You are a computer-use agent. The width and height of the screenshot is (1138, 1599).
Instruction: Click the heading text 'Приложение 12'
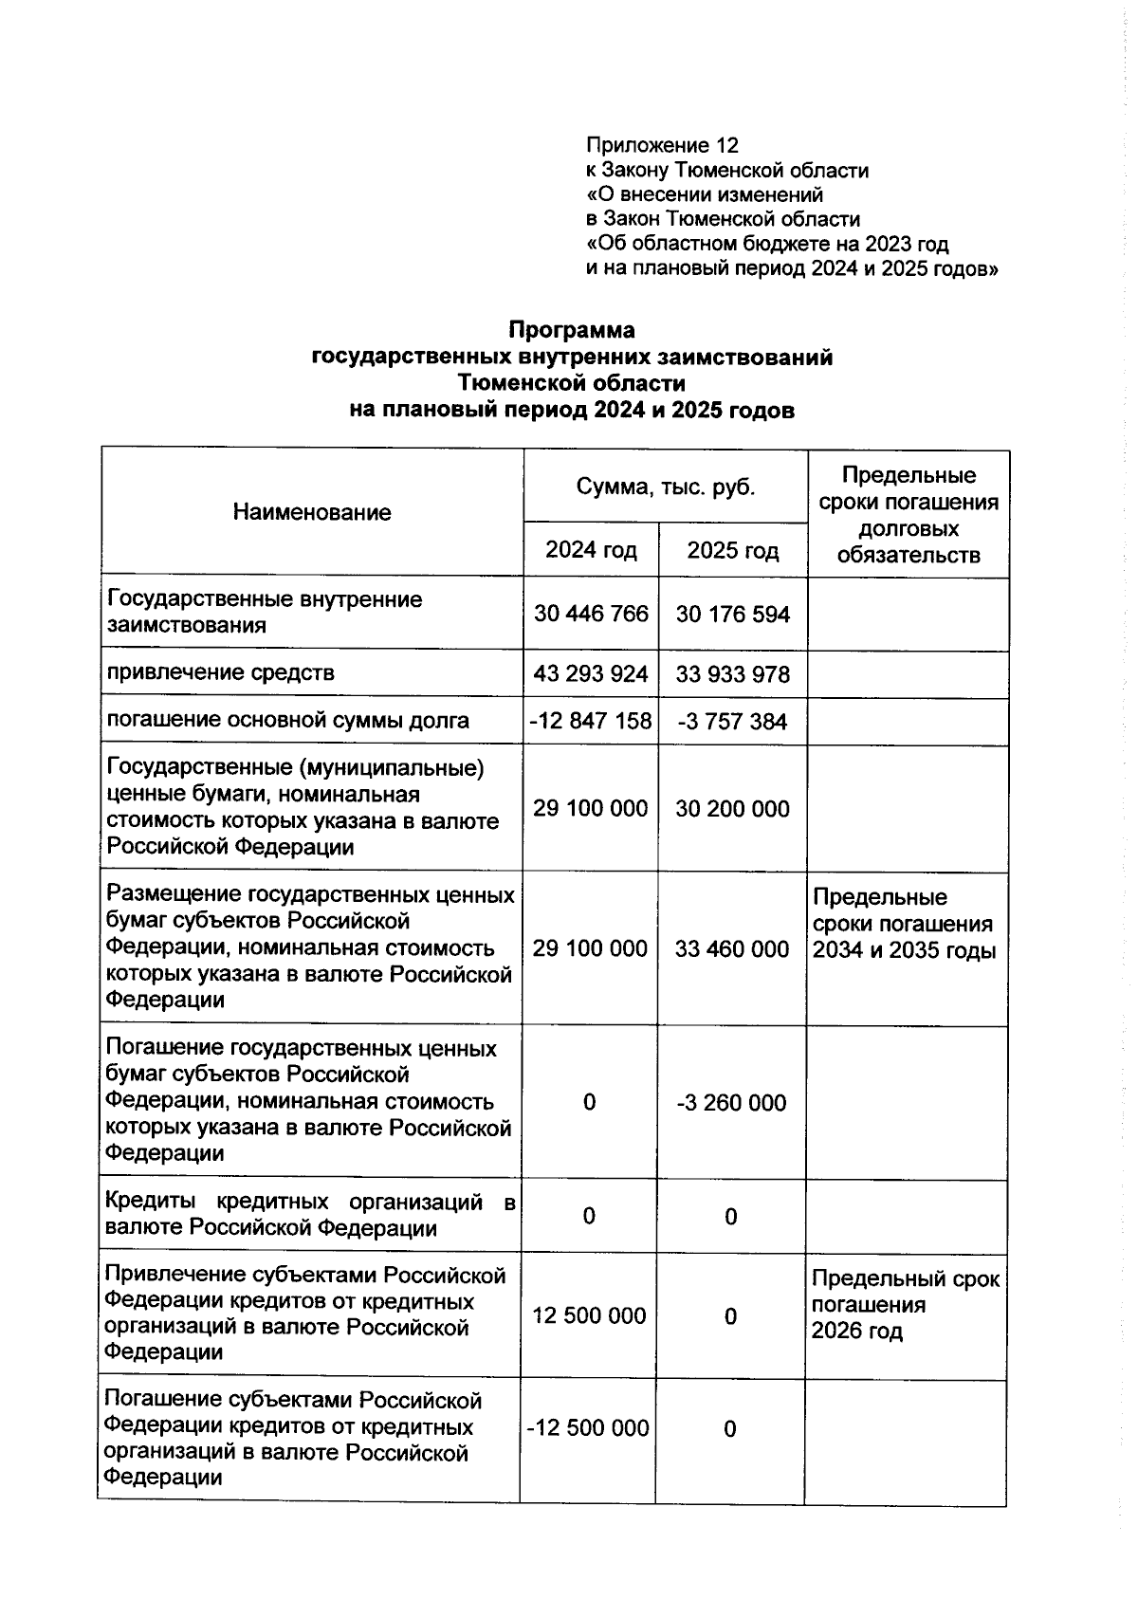coord(661,145)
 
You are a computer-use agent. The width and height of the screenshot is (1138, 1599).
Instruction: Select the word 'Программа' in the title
coord(572,330)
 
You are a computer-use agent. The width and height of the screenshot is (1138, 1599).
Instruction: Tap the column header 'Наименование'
coord(312,512)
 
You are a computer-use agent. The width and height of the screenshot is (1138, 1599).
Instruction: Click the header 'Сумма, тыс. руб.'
coord(666,487)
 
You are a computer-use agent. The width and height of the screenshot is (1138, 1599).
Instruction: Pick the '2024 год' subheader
coord(591,550)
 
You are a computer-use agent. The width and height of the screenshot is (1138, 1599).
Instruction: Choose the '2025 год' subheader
coord(732,550)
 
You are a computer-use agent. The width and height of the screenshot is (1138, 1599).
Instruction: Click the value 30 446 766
coord(591,614)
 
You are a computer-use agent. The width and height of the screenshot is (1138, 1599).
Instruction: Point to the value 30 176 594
coord(732,615)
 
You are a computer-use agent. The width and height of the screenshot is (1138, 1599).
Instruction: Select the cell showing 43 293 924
coord(591,674)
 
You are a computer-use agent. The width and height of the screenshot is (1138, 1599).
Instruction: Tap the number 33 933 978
coord(732,674)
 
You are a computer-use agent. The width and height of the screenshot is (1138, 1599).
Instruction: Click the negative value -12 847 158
coord(591,721)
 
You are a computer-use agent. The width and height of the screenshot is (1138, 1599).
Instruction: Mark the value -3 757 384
coord(732,722)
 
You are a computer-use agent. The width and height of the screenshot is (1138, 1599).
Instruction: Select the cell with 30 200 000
coord(732,808)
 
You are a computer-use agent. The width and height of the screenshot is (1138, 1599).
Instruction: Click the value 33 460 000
coord(731,948)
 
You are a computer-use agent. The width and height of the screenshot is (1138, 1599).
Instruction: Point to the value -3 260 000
coord(731,1102)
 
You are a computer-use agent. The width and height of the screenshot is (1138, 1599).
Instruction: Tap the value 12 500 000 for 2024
coord(590,1315)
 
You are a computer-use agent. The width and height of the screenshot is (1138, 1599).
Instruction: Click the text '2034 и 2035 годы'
coord(904,950)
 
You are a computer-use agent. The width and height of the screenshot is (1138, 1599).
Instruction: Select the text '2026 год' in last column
coord(856,1331)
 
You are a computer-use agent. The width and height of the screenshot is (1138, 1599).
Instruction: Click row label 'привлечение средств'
coord(220,673)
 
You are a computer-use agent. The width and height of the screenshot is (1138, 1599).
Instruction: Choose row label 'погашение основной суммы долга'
coord(287,720)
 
